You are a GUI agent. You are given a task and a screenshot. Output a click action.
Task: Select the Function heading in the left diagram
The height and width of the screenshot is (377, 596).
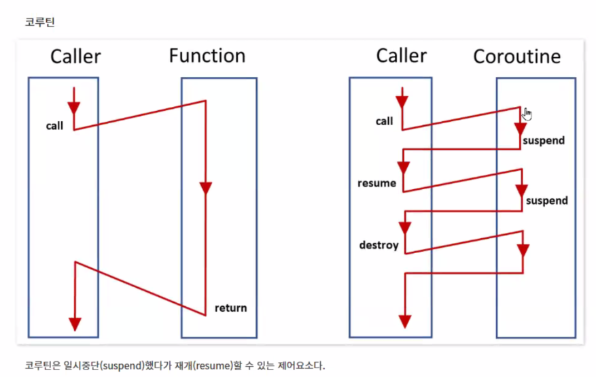click(x=207, y=56)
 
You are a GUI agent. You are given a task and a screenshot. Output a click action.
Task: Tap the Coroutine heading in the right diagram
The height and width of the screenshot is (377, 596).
click(x=517, y=56)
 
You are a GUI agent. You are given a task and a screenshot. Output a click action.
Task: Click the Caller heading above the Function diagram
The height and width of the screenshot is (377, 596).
click(x=75, y=56)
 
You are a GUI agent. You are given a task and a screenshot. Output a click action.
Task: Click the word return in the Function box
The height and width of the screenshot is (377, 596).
click(x=230, y=308)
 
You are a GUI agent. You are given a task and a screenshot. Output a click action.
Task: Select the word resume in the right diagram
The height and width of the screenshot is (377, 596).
click(x=377, y=183)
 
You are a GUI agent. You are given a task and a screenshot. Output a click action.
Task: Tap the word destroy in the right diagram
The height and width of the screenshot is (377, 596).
click(x=379, y=244)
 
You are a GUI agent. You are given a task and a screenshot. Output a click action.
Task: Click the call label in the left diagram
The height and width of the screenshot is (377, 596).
click(x=55, y=126)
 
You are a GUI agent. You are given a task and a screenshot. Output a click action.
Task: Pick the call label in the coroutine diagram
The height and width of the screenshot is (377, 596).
click(x=384, y=122)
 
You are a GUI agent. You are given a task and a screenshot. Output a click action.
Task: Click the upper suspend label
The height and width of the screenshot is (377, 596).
click(x=544, y=141)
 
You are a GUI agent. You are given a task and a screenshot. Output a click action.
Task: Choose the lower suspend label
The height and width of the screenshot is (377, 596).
click(x=546, y=201)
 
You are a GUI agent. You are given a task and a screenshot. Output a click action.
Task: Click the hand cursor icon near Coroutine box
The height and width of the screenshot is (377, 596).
click(x=528, y=114)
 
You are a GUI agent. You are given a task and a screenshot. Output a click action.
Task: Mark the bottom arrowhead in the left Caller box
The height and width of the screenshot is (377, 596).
click(x=75, y=323)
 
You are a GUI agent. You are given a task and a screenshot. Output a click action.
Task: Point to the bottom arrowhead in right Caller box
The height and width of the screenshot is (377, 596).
click(x=405, y=320)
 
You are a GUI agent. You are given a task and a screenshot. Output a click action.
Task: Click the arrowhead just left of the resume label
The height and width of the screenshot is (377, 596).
click(x=404, y=166)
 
